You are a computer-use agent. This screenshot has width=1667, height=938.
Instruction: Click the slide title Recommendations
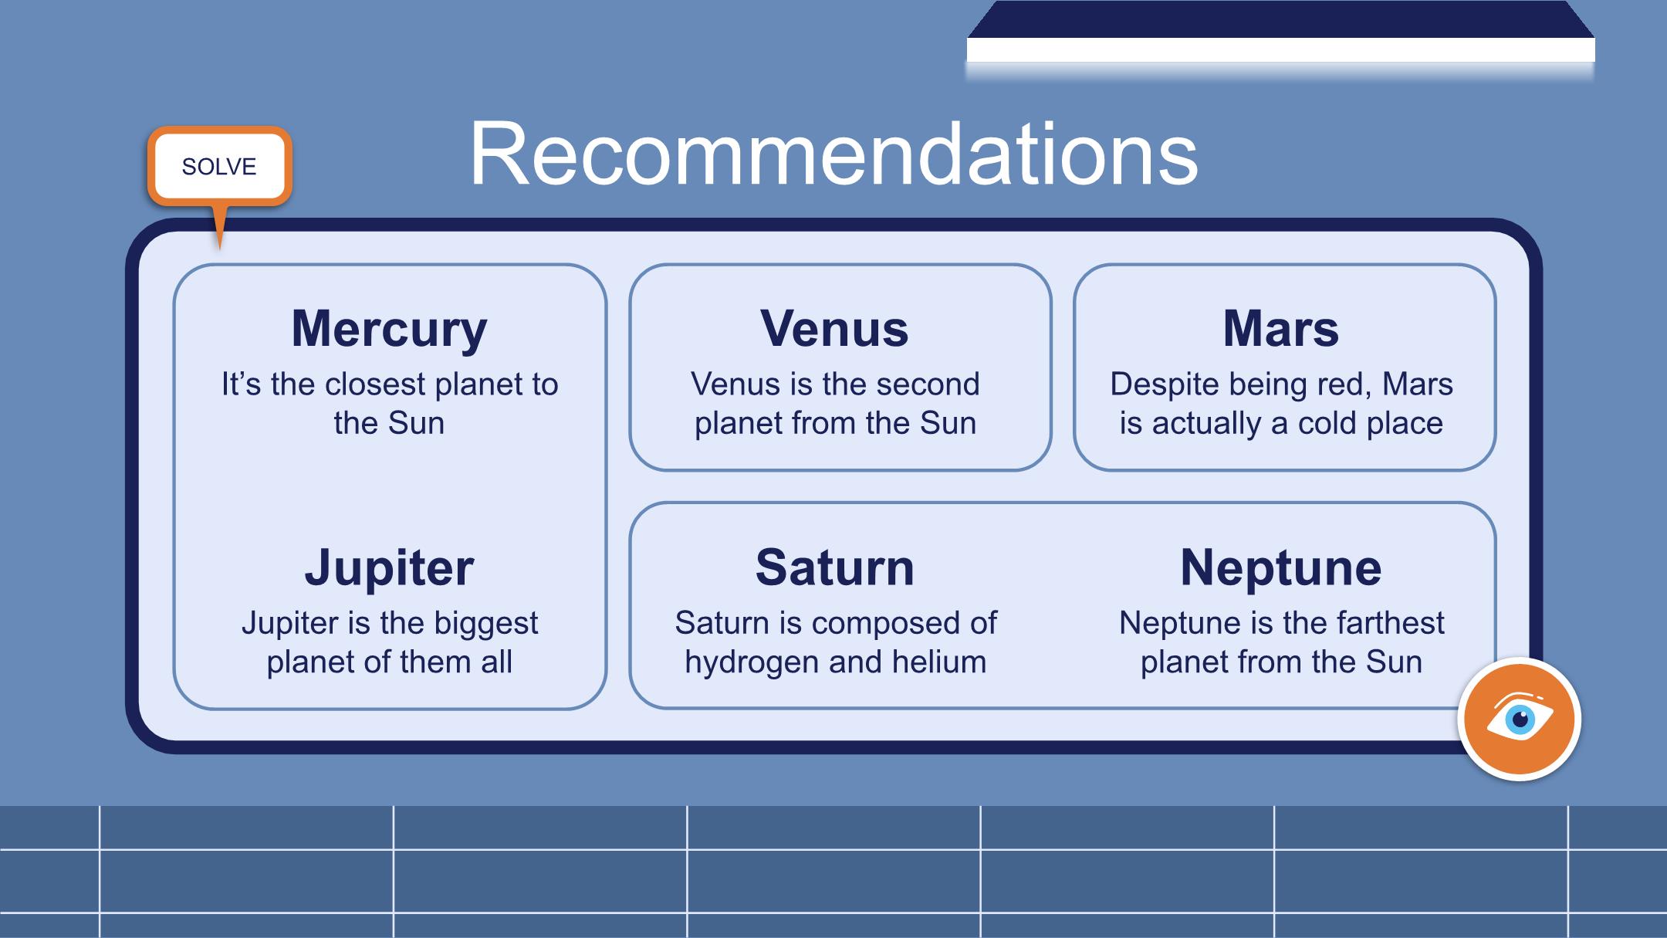[833, 154]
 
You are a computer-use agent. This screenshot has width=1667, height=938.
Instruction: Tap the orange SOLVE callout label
[219, 167]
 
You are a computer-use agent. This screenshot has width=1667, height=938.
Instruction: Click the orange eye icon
[1519, 720]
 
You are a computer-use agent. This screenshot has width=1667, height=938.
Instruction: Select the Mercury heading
[389, 329]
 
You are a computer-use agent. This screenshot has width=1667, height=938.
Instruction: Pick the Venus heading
[834, 328]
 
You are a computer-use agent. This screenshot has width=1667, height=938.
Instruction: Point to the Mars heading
[1281, 328]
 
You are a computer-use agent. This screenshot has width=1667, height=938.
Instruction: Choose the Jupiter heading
[389, 568]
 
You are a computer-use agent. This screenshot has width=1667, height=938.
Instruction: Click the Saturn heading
[835, 567]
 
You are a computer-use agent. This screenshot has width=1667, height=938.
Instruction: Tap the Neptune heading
[1281, 568]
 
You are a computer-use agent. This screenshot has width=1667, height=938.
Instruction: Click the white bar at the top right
[1280, 50]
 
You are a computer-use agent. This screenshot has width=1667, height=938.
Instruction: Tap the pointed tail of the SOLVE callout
[220, 249]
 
